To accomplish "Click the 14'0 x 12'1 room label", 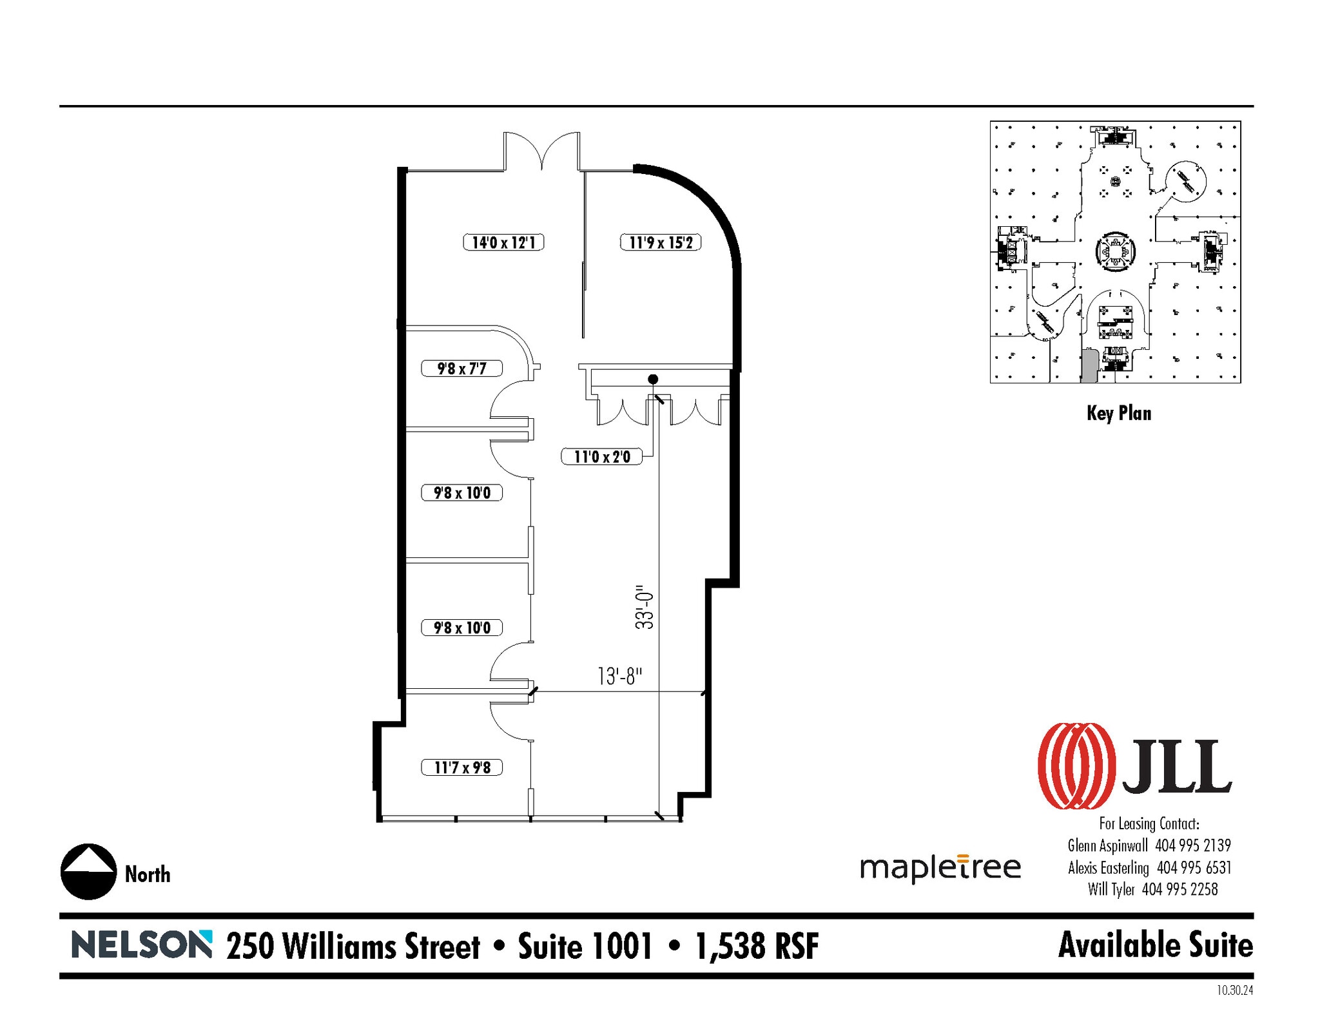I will [503, 242].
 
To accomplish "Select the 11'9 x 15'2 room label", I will [661, 242].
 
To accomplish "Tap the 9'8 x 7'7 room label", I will [461, 369].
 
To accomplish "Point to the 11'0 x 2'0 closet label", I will [601, 457].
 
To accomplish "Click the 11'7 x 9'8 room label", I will [461, 767].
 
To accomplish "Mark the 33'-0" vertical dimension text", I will [645, 607].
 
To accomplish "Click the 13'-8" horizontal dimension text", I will [619, 677].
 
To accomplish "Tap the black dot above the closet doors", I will [653, 379].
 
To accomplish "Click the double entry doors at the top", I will [541, 151].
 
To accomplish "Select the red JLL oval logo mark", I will [1076, 765].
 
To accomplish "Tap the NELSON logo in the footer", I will [141, 945].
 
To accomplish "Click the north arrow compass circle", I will [88, 871].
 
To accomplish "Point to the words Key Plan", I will [1118, 413].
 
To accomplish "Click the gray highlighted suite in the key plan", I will [1089, 366].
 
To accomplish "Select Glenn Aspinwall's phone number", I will [1192, 845].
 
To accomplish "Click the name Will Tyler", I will [1111, 890].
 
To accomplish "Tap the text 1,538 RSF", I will [757, 946].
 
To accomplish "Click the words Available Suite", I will [1155, 945].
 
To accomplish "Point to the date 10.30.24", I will [1234, 990].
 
